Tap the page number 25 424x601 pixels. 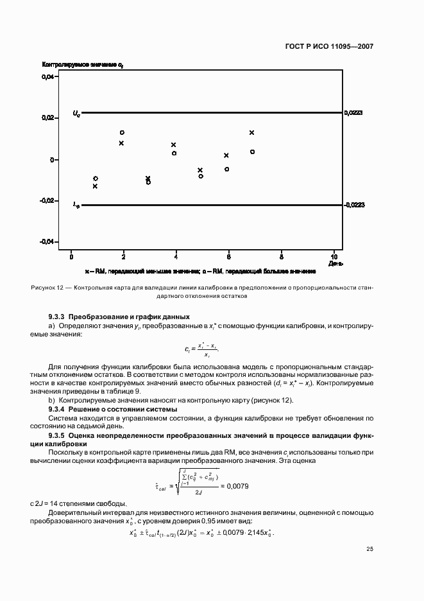369,548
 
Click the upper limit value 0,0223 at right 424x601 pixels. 353,113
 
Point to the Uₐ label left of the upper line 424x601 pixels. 76,114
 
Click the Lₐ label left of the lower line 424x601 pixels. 76,205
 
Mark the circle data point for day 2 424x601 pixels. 122,133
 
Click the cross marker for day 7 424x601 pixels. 252,132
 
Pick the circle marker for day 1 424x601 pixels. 96,179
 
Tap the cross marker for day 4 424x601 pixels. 173,145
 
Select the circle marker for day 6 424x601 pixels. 226,169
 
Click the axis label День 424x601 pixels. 336,263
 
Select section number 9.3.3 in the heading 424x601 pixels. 57,317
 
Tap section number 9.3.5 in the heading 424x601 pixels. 57,435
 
